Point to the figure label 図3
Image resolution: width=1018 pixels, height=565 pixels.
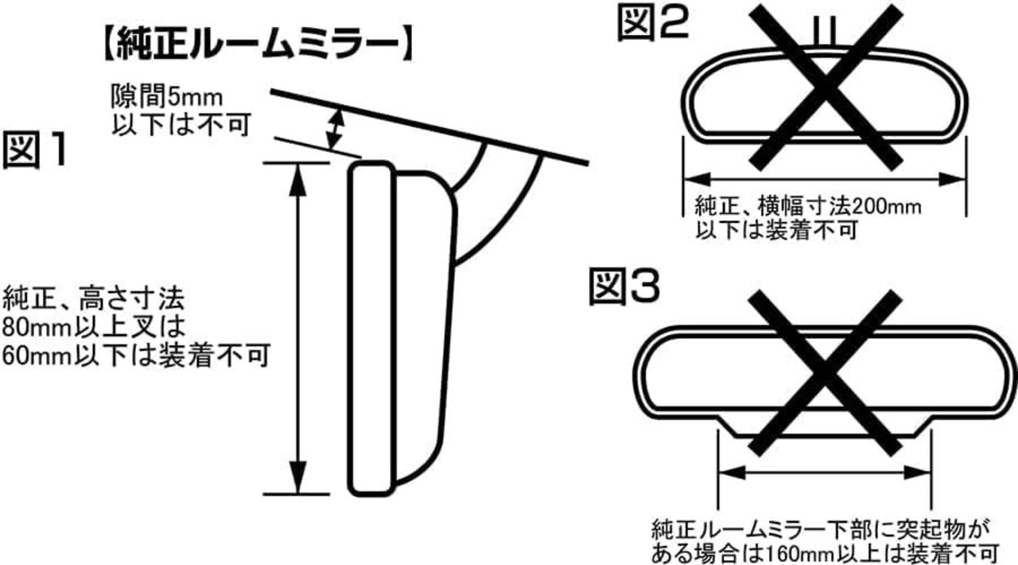tap(624, 289)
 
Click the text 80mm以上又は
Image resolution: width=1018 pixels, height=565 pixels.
tap(93, 327)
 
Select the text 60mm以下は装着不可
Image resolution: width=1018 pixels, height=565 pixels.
tap(134, 355)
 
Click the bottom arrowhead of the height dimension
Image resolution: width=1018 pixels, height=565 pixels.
tap(297, 482)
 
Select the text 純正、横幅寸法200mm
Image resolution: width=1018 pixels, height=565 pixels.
tap(808, 208)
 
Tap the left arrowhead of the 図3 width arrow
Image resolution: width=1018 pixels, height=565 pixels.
tap(728, 473)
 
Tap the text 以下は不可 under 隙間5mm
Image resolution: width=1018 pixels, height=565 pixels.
tap(167, 124)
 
